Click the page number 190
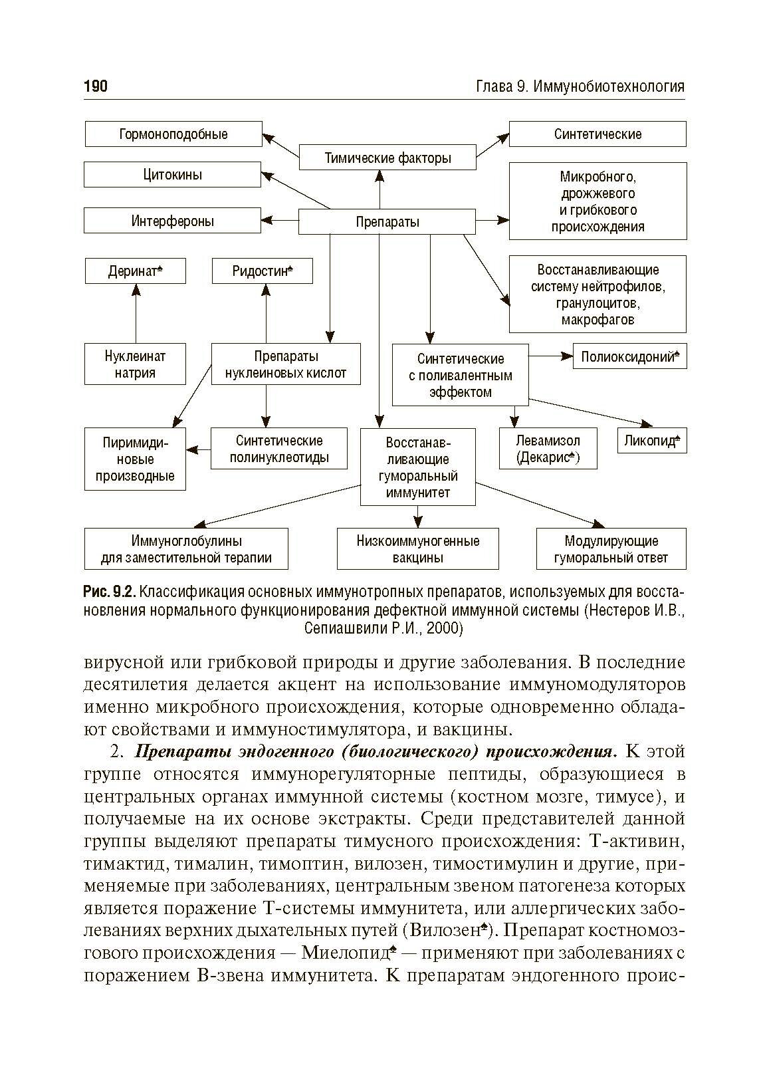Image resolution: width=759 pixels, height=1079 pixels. (x=96, y=86)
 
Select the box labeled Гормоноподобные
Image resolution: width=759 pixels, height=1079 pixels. (x=173, y=134)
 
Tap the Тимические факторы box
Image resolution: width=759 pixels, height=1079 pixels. (x=387, y=158)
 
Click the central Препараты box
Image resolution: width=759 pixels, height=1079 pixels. (x=387, y=221)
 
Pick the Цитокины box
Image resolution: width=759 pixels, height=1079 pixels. (x=173, y=175)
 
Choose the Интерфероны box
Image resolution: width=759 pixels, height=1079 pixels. (x=173, y=221)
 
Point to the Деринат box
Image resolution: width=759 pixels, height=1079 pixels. (x=135, y=271)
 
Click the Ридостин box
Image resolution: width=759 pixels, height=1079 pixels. (x=262, y=271)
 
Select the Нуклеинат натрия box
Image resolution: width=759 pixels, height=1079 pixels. (x=135, y=364)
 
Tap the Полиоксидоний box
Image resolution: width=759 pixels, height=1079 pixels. (x=629, y=356)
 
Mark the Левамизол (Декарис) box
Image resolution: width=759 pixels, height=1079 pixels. (x=548, y=449)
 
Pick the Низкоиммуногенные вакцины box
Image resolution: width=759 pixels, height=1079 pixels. (x=417, y=549)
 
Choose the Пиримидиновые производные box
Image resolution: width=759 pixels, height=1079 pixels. (x=135, y=459)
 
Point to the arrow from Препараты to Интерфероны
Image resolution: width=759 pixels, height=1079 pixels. (x=280, y=220)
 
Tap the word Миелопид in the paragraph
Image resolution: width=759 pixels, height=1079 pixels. (x=346, y=953)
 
